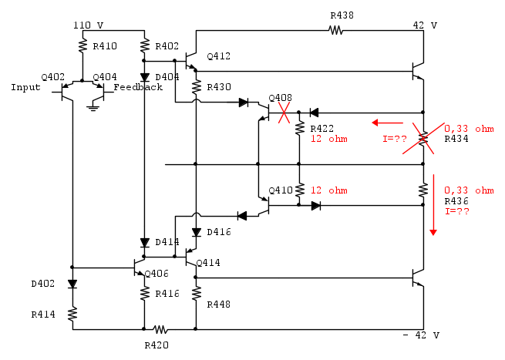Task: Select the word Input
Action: (x=25, y=87)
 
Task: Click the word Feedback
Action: (x=139, y=87)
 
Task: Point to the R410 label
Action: (x=105, y=46)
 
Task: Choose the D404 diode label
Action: (x=167, y=77)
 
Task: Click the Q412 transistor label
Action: (x=218, y=56)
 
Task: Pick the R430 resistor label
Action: (x=219, y=87)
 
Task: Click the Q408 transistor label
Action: (x=280, y=98)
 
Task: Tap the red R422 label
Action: (x=322, y=129)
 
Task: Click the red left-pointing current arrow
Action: (x=388, y=122)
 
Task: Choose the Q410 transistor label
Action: (x=280, y=190)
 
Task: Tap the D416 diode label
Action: (x=219, y=231)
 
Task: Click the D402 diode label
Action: (x=43, y=283)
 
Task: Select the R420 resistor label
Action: (x=157, y=345)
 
